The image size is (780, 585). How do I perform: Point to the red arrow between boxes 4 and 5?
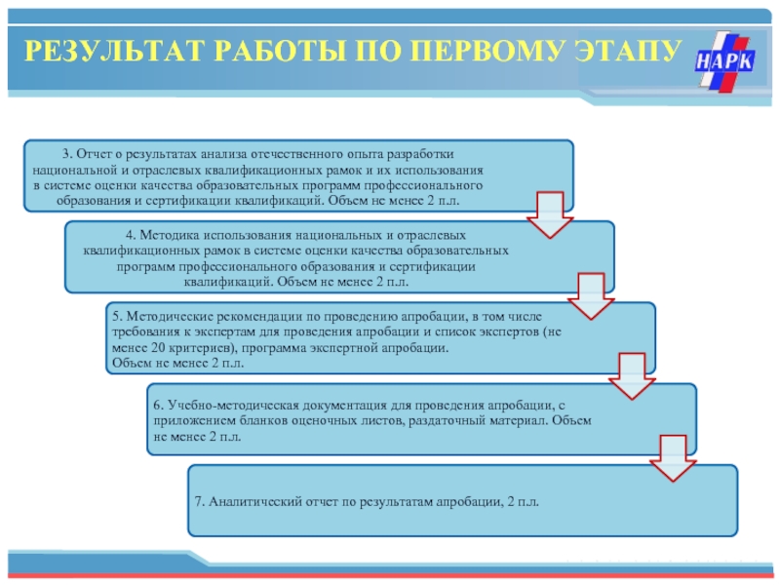(x=587, y=295)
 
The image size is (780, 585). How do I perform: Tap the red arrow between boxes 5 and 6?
(x=628, y=375)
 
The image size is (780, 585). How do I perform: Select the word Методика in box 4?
(x=168, y=236)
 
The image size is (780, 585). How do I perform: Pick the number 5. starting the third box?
(x=115, y=317)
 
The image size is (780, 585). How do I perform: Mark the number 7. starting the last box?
(x=199, y=501)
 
